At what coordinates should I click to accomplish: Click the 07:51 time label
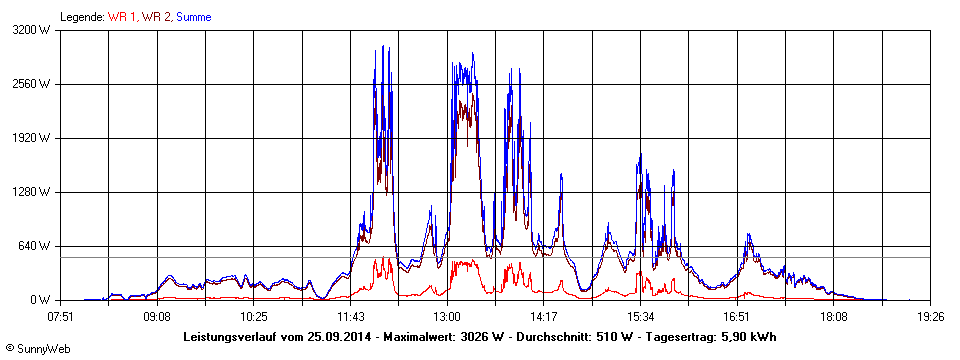(x=60, y=315)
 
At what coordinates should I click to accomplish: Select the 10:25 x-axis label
(x=254, y=315)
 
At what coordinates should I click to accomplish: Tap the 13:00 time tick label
(x=447, y=315)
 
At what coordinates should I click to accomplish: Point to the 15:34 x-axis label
(x=640, y=315)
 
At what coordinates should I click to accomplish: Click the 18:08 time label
(x=834, y=315)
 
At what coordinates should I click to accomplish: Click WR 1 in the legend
(x=122, y=17)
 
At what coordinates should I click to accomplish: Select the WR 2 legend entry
(x=156, y=17)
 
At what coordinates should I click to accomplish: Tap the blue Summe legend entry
(x=193, y=17)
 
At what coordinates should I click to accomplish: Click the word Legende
(x=81, y=17)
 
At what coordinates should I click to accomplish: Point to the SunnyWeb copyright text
(x=32, y=347)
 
